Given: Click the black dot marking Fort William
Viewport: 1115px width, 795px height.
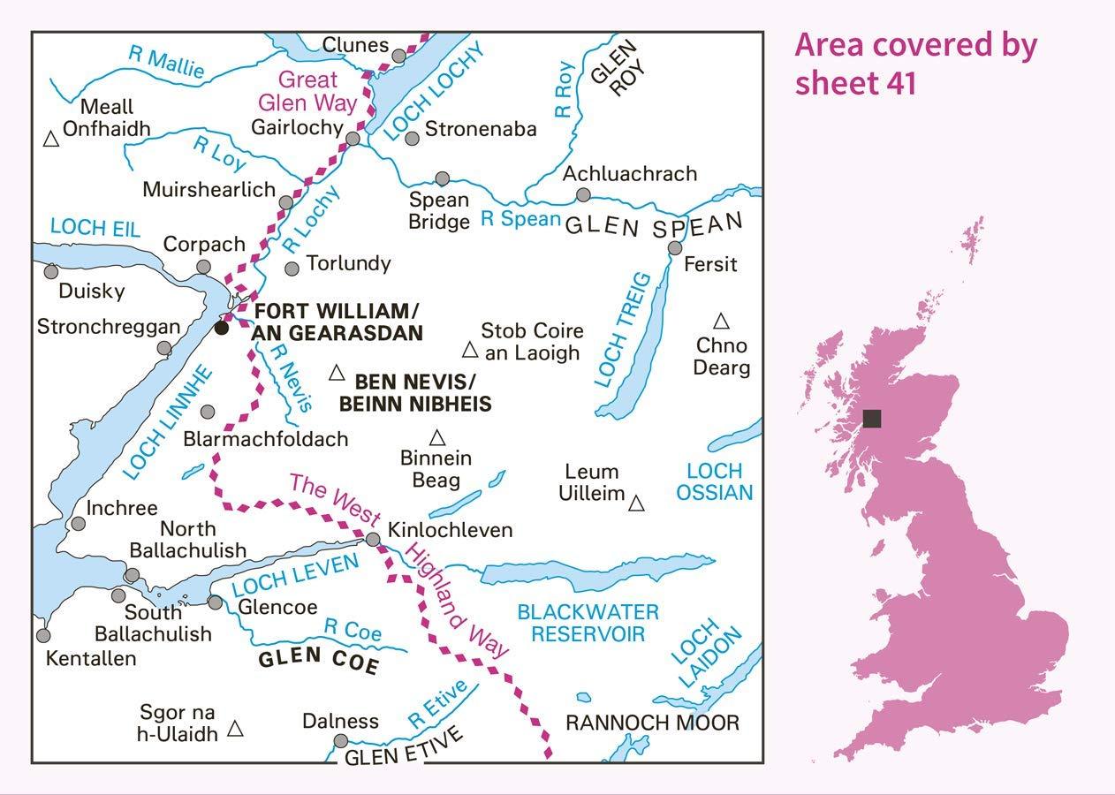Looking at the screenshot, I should pos(222,328).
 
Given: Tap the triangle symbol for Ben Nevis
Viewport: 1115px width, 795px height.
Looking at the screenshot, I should pos(337,374).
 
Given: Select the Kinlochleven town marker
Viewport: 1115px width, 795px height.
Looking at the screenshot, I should pos(373,539).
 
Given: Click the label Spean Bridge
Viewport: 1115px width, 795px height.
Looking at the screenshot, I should pos(438,210).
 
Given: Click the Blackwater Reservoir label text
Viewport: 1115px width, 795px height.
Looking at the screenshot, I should pos(588,623).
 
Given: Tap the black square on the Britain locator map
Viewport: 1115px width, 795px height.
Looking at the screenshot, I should pos(872,419).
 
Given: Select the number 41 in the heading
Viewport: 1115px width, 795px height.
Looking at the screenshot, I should pos(899,83).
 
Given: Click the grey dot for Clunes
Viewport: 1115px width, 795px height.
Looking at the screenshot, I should pos(399,56).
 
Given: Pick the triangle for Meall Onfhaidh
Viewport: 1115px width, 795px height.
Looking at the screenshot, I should pos(51,139).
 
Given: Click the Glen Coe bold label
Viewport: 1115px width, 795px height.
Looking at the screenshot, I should pos(318,662).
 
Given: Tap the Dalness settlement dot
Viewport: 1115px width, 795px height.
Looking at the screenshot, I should pos(341,741).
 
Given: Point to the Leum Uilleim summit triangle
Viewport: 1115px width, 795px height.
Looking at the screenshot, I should pos(636,503).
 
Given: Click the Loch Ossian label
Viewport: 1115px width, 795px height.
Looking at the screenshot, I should pos(715,481).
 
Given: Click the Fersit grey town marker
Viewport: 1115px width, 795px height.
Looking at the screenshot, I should pos(675,248).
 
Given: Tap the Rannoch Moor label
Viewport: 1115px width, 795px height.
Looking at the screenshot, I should pos(652,723).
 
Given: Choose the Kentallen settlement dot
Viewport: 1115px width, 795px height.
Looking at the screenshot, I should pos(43,635).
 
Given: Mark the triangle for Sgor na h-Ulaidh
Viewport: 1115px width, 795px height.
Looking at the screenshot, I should pos(236,728).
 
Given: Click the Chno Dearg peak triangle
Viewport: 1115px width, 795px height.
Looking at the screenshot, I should pos(721,321).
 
